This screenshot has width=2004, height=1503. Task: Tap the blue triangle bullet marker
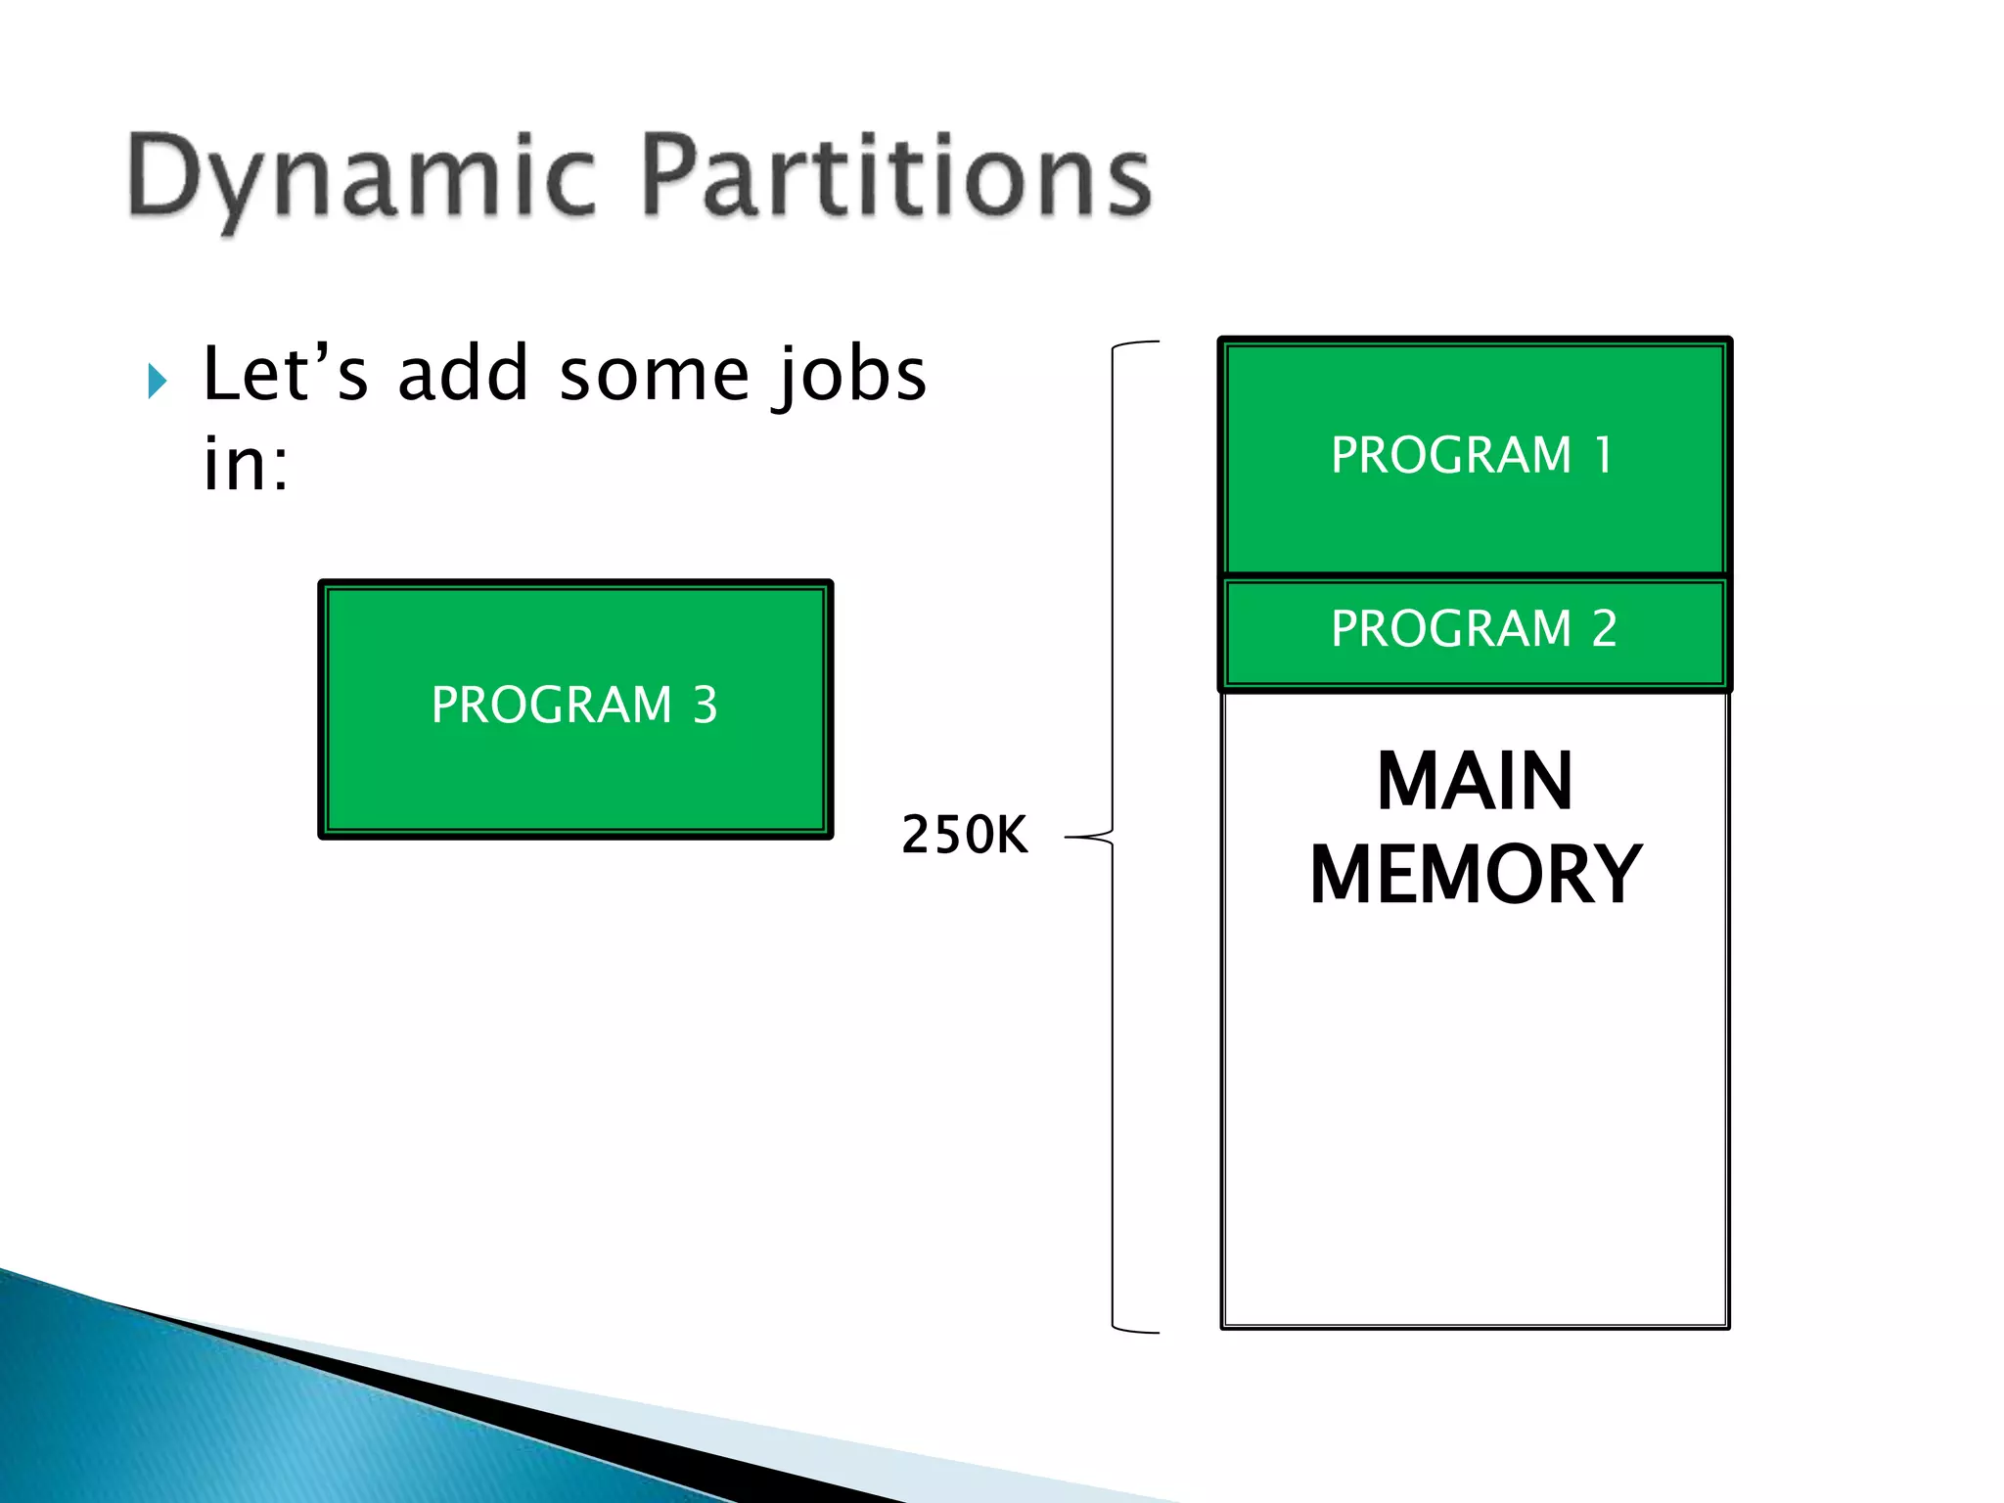pyautogui.click(x=157, y=381)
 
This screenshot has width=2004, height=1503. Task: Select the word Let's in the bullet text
pyautogui.click(x=285, y=375)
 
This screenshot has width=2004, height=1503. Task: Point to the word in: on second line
pyautogui.click(x=246, y=464)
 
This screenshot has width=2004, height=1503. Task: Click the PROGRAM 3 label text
pyautogui.click(x=574, y=705)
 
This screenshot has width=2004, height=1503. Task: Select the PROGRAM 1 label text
pyautogui.click(x=1472, y=455)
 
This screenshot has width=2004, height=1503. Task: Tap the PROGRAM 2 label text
pyautogui.click(x=1473, y=628)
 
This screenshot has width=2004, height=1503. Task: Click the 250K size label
pyautogui.click(x=964, y=836)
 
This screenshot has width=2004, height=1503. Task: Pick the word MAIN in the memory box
pyautogui.click(x=1474, y=782)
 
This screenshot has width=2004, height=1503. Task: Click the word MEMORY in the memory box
pyautogui.click(x=1475, y=875)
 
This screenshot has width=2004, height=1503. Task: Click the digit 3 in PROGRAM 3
pyautogui.click(x=705, y=705)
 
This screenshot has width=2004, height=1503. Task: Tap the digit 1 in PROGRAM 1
pyautogui.click(x=1603, y=455)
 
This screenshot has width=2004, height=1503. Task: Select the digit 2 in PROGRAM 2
pyautogui.click(x=1604, y=628)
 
